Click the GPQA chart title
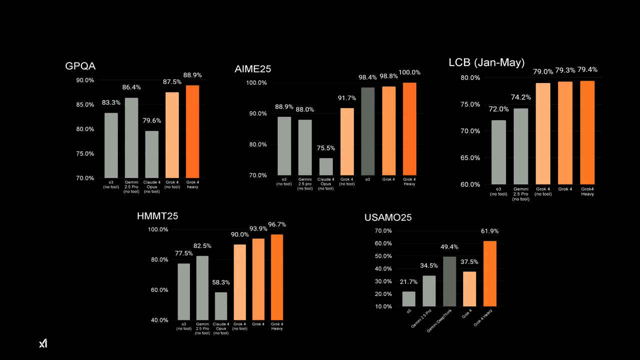pyautogui.click(x=80, y=66)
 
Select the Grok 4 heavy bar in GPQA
pyautogui.click(x=192, y=131)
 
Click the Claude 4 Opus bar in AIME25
pyautogui.click(x=325, y=166)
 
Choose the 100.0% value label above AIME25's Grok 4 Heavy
pyautogui.click(x=409, y=72)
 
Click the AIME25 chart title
pyautogui.click(x=252, y=69)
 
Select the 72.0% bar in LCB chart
pyautogui.click(x=498, y=152)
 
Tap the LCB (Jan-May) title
pyautogui.click(x=486, y=62)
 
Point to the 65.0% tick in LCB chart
pyautogui.click(x=470, y=157)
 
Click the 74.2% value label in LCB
pyautogui.click(x=520, y=97)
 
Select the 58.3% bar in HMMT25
pyautogui.click(x=220, y=306)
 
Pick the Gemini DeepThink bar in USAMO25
pyautogui.click(x=449, y=281)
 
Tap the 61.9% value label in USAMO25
pyautogui.click(x=489, y=231)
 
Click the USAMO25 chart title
pyautogui.click(x=388, y=217)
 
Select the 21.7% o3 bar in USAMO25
pyautogui.click(x=408, y=298)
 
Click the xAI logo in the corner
pyautogui.click(x=43, y=343)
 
